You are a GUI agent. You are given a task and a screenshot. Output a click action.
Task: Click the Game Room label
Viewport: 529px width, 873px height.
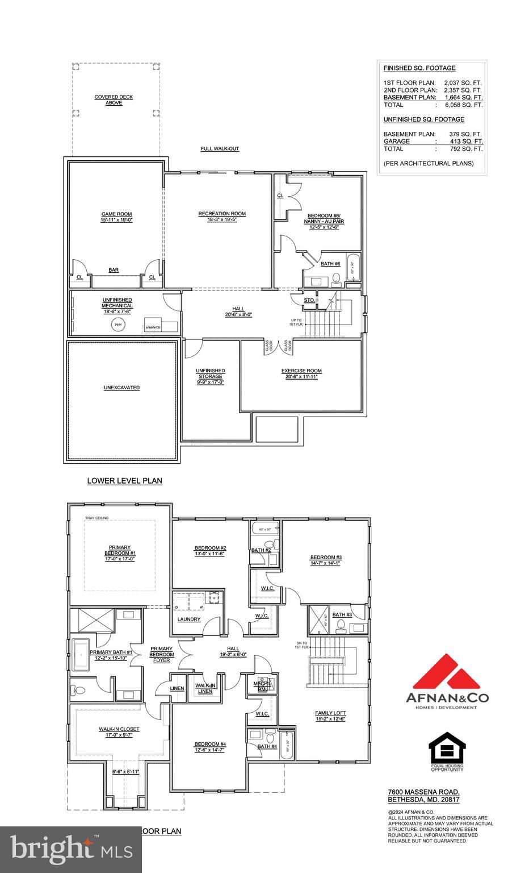(116, 214)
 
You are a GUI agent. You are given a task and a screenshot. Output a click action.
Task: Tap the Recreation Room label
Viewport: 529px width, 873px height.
(222, 214)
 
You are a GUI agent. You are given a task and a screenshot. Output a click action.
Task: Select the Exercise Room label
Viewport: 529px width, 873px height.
(301, 371)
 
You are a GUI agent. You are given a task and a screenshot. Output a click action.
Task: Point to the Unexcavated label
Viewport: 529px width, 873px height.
(121, 388)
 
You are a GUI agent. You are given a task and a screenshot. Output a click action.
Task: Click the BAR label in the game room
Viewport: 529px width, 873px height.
(114, 270)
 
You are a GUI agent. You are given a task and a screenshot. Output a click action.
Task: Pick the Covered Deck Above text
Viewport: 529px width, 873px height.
(114, 100)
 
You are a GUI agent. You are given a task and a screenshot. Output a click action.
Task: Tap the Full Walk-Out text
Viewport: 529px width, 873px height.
(220, 149)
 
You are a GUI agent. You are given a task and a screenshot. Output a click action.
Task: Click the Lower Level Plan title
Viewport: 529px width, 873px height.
(124, 481)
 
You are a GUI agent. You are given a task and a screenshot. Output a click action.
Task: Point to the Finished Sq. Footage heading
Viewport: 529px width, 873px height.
(419, 68)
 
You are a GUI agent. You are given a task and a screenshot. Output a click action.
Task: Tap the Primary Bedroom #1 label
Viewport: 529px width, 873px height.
(120, 553)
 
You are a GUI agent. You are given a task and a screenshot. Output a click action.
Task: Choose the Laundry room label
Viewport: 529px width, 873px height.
(189, 619)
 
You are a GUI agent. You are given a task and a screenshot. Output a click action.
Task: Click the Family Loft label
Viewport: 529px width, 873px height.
(330, 713)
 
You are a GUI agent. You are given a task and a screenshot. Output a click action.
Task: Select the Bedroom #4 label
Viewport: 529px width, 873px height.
(210, 744)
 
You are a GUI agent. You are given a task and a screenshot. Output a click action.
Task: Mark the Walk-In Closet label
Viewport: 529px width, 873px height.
(119, 729)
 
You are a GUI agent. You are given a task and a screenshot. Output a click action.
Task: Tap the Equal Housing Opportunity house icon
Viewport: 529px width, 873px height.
(447, 747)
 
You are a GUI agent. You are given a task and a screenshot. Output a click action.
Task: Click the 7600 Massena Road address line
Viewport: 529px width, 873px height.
(423, 792)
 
